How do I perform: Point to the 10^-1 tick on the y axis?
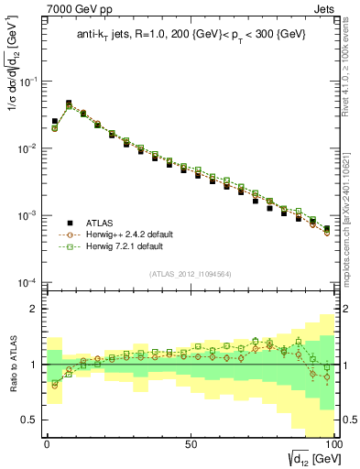click(x=26, y=82)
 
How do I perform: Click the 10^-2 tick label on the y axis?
click(x=26, y=148)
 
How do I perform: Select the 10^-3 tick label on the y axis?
click(x=26, y=215)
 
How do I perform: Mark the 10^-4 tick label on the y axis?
click(x=26, y=282)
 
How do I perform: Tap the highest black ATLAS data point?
click(x=69, y=104)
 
